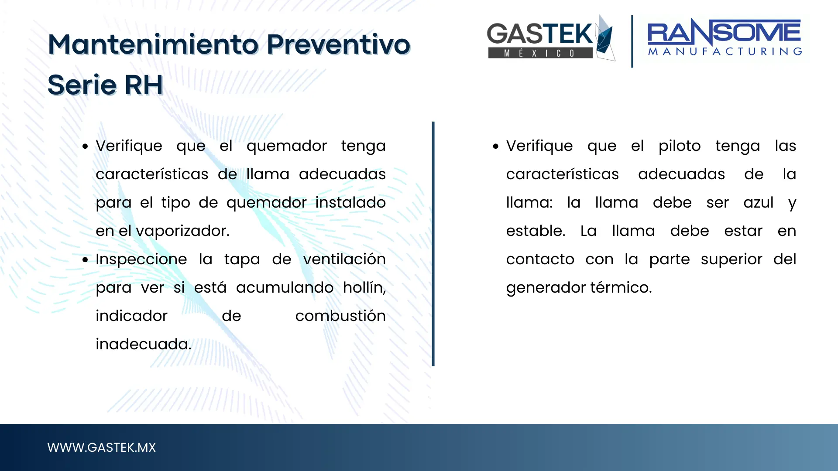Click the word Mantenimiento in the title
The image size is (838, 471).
tap(153, 44)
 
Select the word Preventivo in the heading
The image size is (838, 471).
tap(339, 44)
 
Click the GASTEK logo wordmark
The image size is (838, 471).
tap(540, 34)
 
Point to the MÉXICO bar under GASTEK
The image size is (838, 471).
tap(540, 53)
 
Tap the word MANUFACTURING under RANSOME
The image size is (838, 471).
tap(725, 51)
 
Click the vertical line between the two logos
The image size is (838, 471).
tap(632, 41)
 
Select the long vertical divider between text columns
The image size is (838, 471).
tap(433, 244)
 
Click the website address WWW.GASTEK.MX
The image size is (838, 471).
tap(101, 447)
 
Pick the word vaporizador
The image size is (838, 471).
tap(182, 231)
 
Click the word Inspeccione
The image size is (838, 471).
tap(141, 259)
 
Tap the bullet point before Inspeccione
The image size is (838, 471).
tap(86, 260)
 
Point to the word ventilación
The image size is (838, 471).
tap(344, 259)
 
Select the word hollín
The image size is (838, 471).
tap(364, 288)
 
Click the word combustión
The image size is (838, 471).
tap(340, 316)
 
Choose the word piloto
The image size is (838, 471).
tap(680, 146)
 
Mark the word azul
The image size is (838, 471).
tap(759, 203)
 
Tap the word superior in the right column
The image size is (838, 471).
tap(732, 260)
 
